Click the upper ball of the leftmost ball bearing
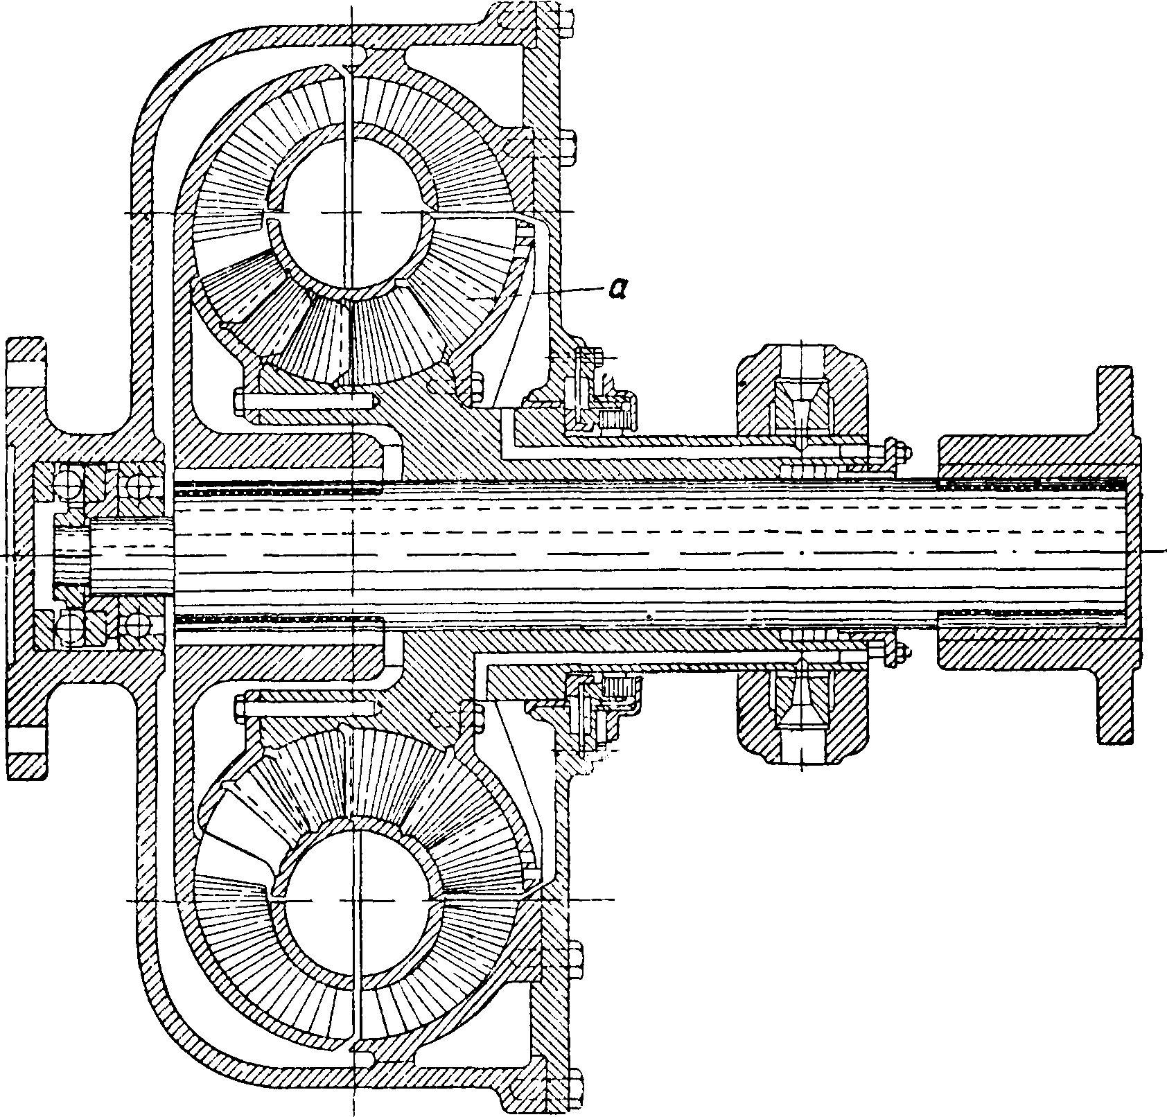click(x=69, y=479)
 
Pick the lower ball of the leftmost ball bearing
click(x=69, y=629)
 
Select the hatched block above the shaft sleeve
click(x=800, y=392)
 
